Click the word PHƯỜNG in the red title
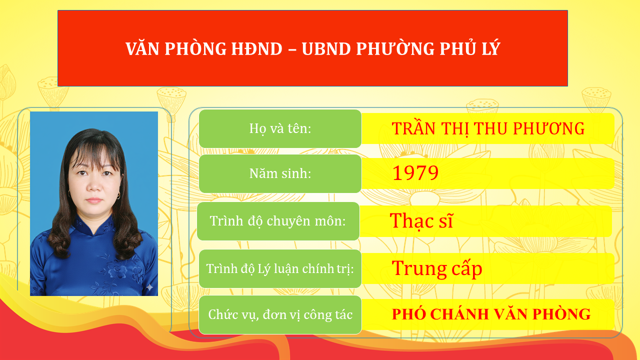coord(388,48)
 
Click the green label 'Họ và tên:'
coord(280,128)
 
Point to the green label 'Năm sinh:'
coord(280,173)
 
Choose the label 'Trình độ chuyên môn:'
coord(278,221)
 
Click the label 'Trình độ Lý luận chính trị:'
coord(280,268)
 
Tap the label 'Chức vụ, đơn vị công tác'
coord(280,314)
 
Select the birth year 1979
coord(415,173)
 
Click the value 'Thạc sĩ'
coord(421,220)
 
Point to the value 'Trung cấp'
coord(436,268)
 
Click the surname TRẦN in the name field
coord(409,128)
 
